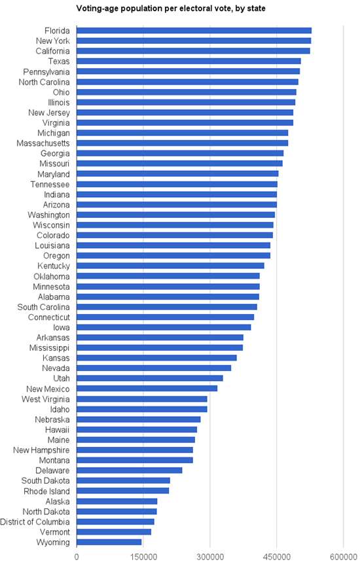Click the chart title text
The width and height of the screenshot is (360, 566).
171,9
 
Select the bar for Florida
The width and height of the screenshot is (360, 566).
194,31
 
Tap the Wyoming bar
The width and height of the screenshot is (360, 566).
109,542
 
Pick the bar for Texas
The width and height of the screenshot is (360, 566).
189,62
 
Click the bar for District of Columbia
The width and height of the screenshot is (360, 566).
115,522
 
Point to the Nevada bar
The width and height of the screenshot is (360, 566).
154,368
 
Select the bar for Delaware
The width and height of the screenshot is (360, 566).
129,470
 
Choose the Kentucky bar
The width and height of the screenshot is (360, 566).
170,266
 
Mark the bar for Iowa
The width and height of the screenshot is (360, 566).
164,327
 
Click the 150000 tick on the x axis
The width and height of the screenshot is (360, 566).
143,557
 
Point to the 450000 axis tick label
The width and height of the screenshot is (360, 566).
277,557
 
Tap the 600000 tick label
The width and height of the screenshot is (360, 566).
344,557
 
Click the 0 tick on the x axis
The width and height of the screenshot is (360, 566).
77,557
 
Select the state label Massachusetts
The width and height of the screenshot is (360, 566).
43,143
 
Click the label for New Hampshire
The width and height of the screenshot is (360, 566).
41,450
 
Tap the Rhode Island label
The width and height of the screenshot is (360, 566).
46,491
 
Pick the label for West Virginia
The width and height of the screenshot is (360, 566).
46,399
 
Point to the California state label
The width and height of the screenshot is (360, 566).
52,51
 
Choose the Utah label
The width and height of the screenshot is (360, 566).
62,378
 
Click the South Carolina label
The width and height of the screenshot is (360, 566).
43,307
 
